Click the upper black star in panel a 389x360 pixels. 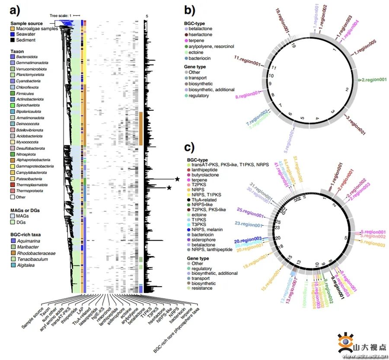(177, 179)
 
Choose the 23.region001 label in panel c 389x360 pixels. (248, 224)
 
